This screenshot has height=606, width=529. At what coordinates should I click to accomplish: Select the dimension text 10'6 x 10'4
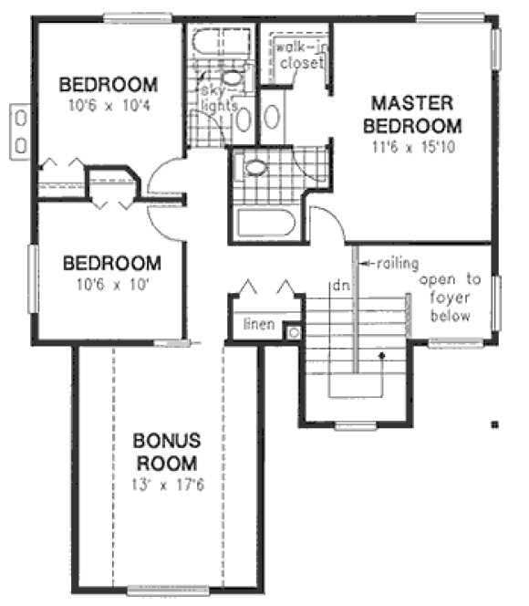(x=108, y=105)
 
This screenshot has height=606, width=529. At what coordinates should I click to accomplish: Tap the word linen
(x=259, y=324)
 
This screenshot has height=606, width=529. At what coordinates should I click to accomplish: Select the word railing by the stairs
(x=393, y=265)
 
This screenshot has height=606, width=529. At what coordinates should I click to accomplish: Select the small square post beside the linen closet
(x=294, y=333)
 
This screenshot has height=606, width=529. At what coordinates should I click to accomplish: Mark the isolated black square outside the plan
(x=493, y=423)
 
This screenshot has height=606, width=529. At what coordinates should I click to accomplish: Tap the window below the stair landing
(x=356, y=426)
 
